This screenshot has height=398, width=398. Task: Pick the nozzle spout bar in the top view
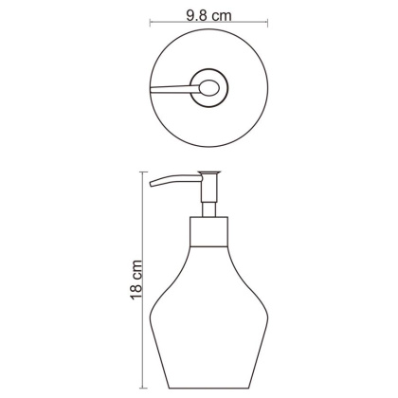point(173,89)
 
